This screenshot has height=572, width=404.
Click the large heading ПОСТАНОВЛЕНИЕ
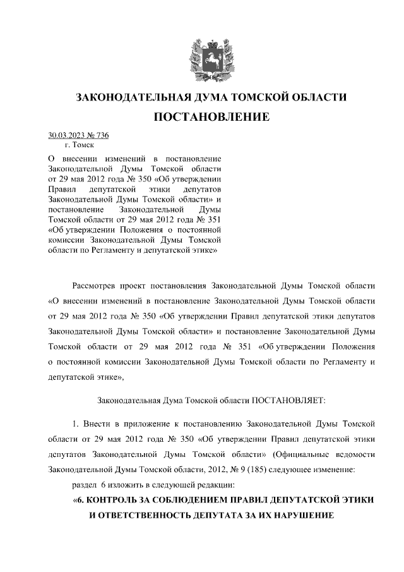[211, 117]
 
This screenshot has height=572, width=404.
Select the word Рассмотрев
[97, 284]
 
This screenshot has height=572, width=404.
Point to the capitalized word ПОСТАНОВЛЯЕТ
[288, 399]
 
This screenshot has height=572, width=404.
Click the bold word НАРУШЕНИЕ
[300, 514]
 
